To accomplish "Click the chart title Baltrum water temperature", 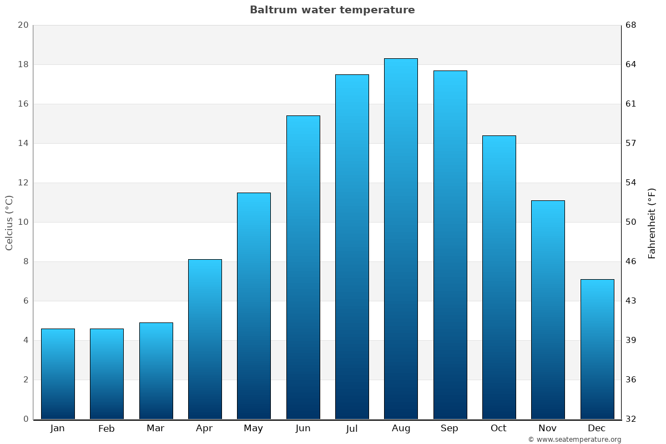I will coord(332,10).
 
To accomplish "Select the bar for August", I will coord(401,239).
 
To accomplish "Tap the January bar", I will coord(58,374).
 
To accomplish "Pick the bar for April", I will coord(205,339).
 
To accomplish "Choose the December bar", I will coord(597,349).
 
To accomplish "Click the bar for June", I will coord(303,267).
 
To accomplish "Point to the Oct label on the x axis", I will coord(498,428).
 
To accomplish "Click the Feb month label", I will coord(106,428).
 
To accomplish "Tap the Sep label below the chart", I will coord(450,428).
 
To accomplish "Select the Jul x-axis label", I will coord(352,428).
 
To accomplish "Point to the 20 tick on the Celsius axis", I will coord(23,25).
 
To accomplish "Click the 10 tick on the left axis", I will coord(23,222).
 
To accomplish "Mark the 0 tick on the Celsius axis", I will coord(26,419).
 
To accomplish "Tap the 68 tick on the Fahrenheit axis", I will coord(631,25).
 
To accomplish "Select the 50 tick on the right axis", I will coord(631,222).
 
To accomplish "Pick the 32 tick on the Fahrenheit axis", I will coord(631,419).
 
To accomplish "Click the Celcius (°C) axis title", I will coord(9,223).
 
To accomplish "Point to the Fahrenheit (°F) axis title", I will coord(652,223).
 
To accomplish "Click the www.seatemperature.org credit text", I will coord(574,440).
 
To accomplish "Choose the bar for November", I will coord(548,310).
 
